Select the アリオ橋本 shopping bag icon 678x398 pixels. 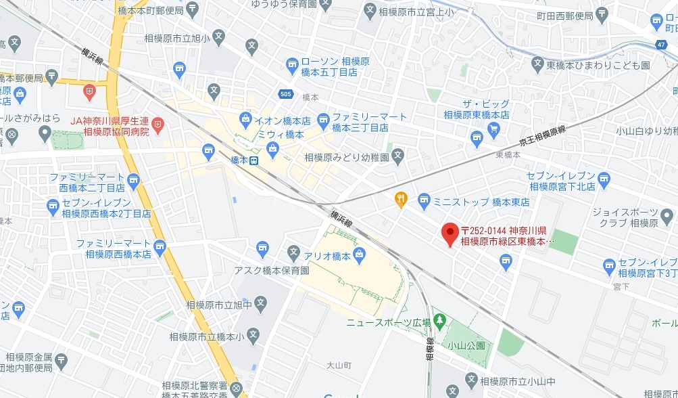[359, 255]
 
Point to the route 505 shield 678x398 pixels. [285, 93]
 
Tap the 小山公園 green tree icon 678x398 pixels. [441, 318]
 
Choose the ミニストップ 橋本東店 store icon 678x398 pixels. [424, 198]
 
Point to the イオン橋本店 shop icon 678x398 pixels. [244, 122]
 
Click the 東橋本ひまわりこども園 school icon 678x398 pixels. [537, 65]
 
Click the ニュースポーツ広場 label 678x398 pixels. [388, 324]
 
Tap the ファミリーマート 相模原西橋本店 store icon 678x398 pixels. [160, 245]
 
